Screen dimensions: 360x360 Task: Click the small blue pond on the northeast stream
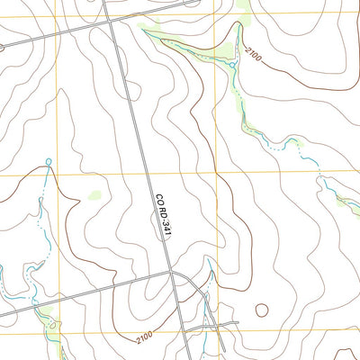[x=231, y=65]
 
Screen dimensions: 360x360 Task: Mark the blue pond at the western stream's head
[x=48, y=162]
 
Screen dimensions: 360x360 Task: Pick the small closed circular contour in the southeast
[x=262, y=310]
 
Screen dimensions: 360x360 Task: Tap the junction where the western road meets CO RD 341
[x=175, y=274]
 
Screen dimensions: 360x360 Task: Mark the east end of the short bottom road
[x=238, y=322]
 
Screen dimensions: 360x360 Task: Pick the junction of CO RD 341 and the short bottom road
[x=192, y=326]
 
